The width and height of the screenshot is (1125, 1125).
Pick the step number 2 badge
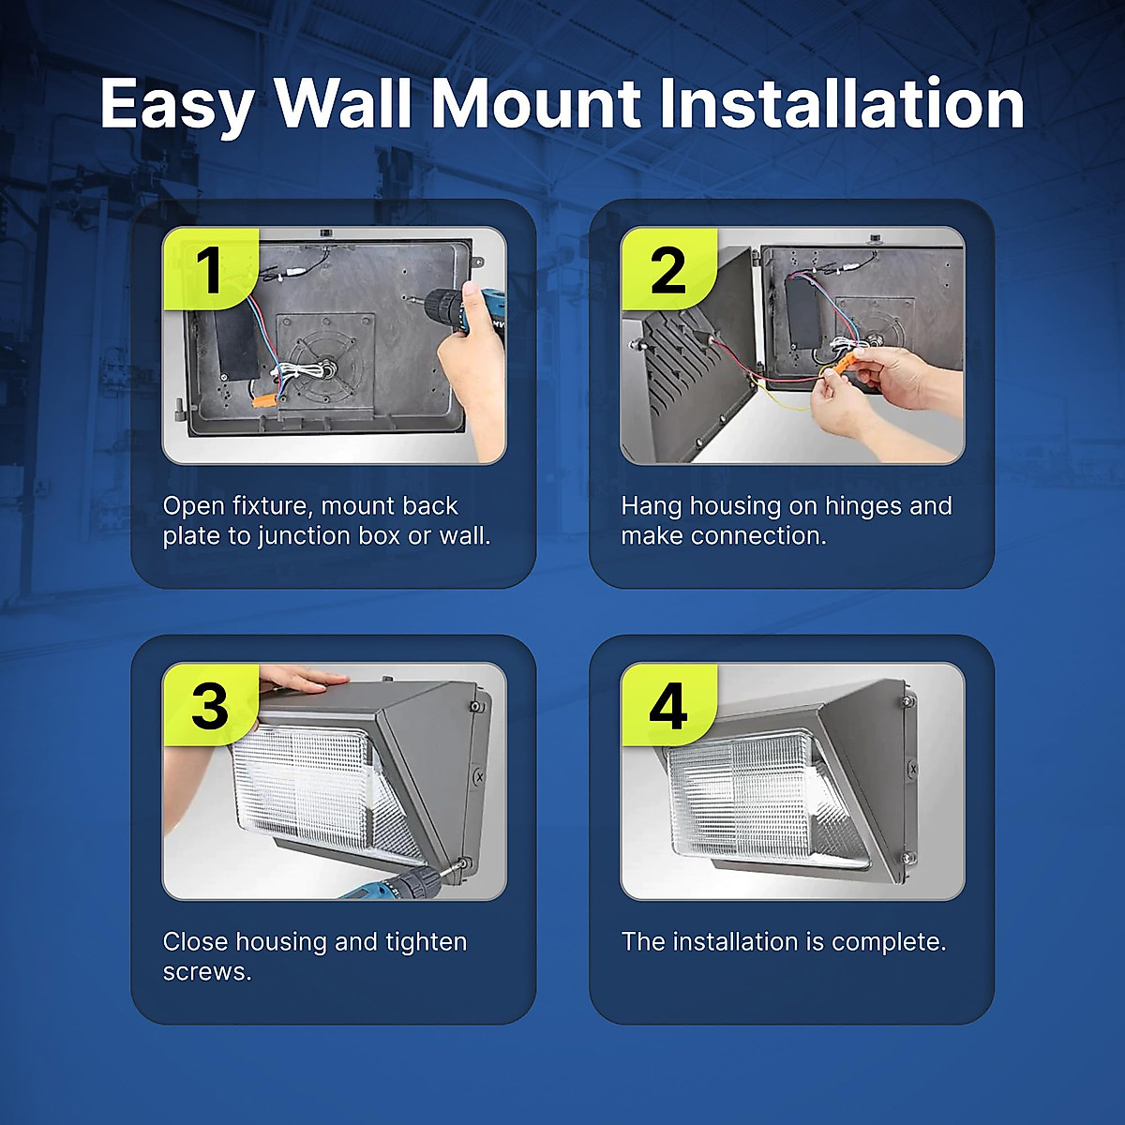667,269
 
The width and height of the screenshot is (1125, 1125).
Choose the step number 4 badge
667,705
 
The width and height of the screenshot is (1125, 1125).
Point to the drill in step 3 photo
403,885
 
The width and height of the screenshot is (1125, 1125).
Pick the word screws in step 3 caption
206,972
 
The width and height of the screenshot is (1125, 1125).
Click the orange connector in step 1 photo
263,400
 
